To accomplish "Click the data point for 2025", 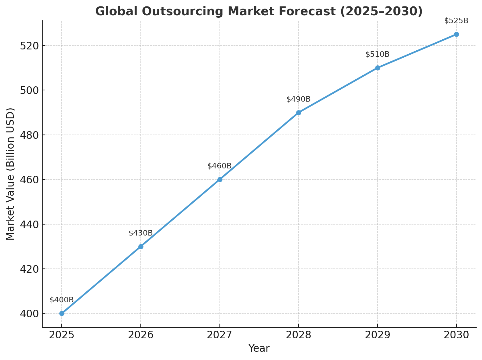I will pyautogui.click(x=62, y=313).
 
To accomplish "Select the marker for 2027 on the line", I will pyautogui.click(x=220, y=179).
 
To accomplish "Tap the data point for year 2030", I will pyautogui.click(x=456, y=34).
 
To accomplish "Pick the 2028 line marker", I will pyautogui.click(x=299, y=113).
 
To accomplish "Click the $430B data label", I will pyautogui.click(x=141, y=233).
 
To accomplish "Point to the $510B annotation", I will pyautogui.click(x=378, y=54).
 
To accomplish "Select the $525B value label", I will pyautogui.click(x=456, y=21).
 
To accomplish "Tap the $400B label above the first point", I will pyautogui.click(x=62, y=300).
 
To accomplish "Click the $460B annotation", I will pyautogui.click(x=219, y=166).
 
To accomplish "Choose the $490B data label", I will pyautogui.click(x=299, y=99).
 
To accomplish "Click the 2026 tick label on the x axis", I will pyautogui.click(x=141, y=335).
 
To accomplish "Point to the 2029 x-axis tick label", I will pyautogui.click(x=378, y=335).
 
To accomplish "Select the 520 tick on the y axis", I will pyautogui.click(x=28, y=46).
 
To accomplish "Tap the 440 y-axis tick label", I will pyautogui.click(x=28, y=225).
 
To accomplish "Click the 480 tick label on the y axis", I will pyautogui.click(x=28, y=135).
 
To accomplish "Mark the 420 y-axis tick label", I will pyautogui.click(x=28, y=269).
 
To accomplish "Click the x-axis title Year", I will pyautogui.click(x=259, y=348).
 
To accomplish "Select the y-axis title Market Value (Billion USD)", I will pyautogui.click(x=11, y=174).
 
